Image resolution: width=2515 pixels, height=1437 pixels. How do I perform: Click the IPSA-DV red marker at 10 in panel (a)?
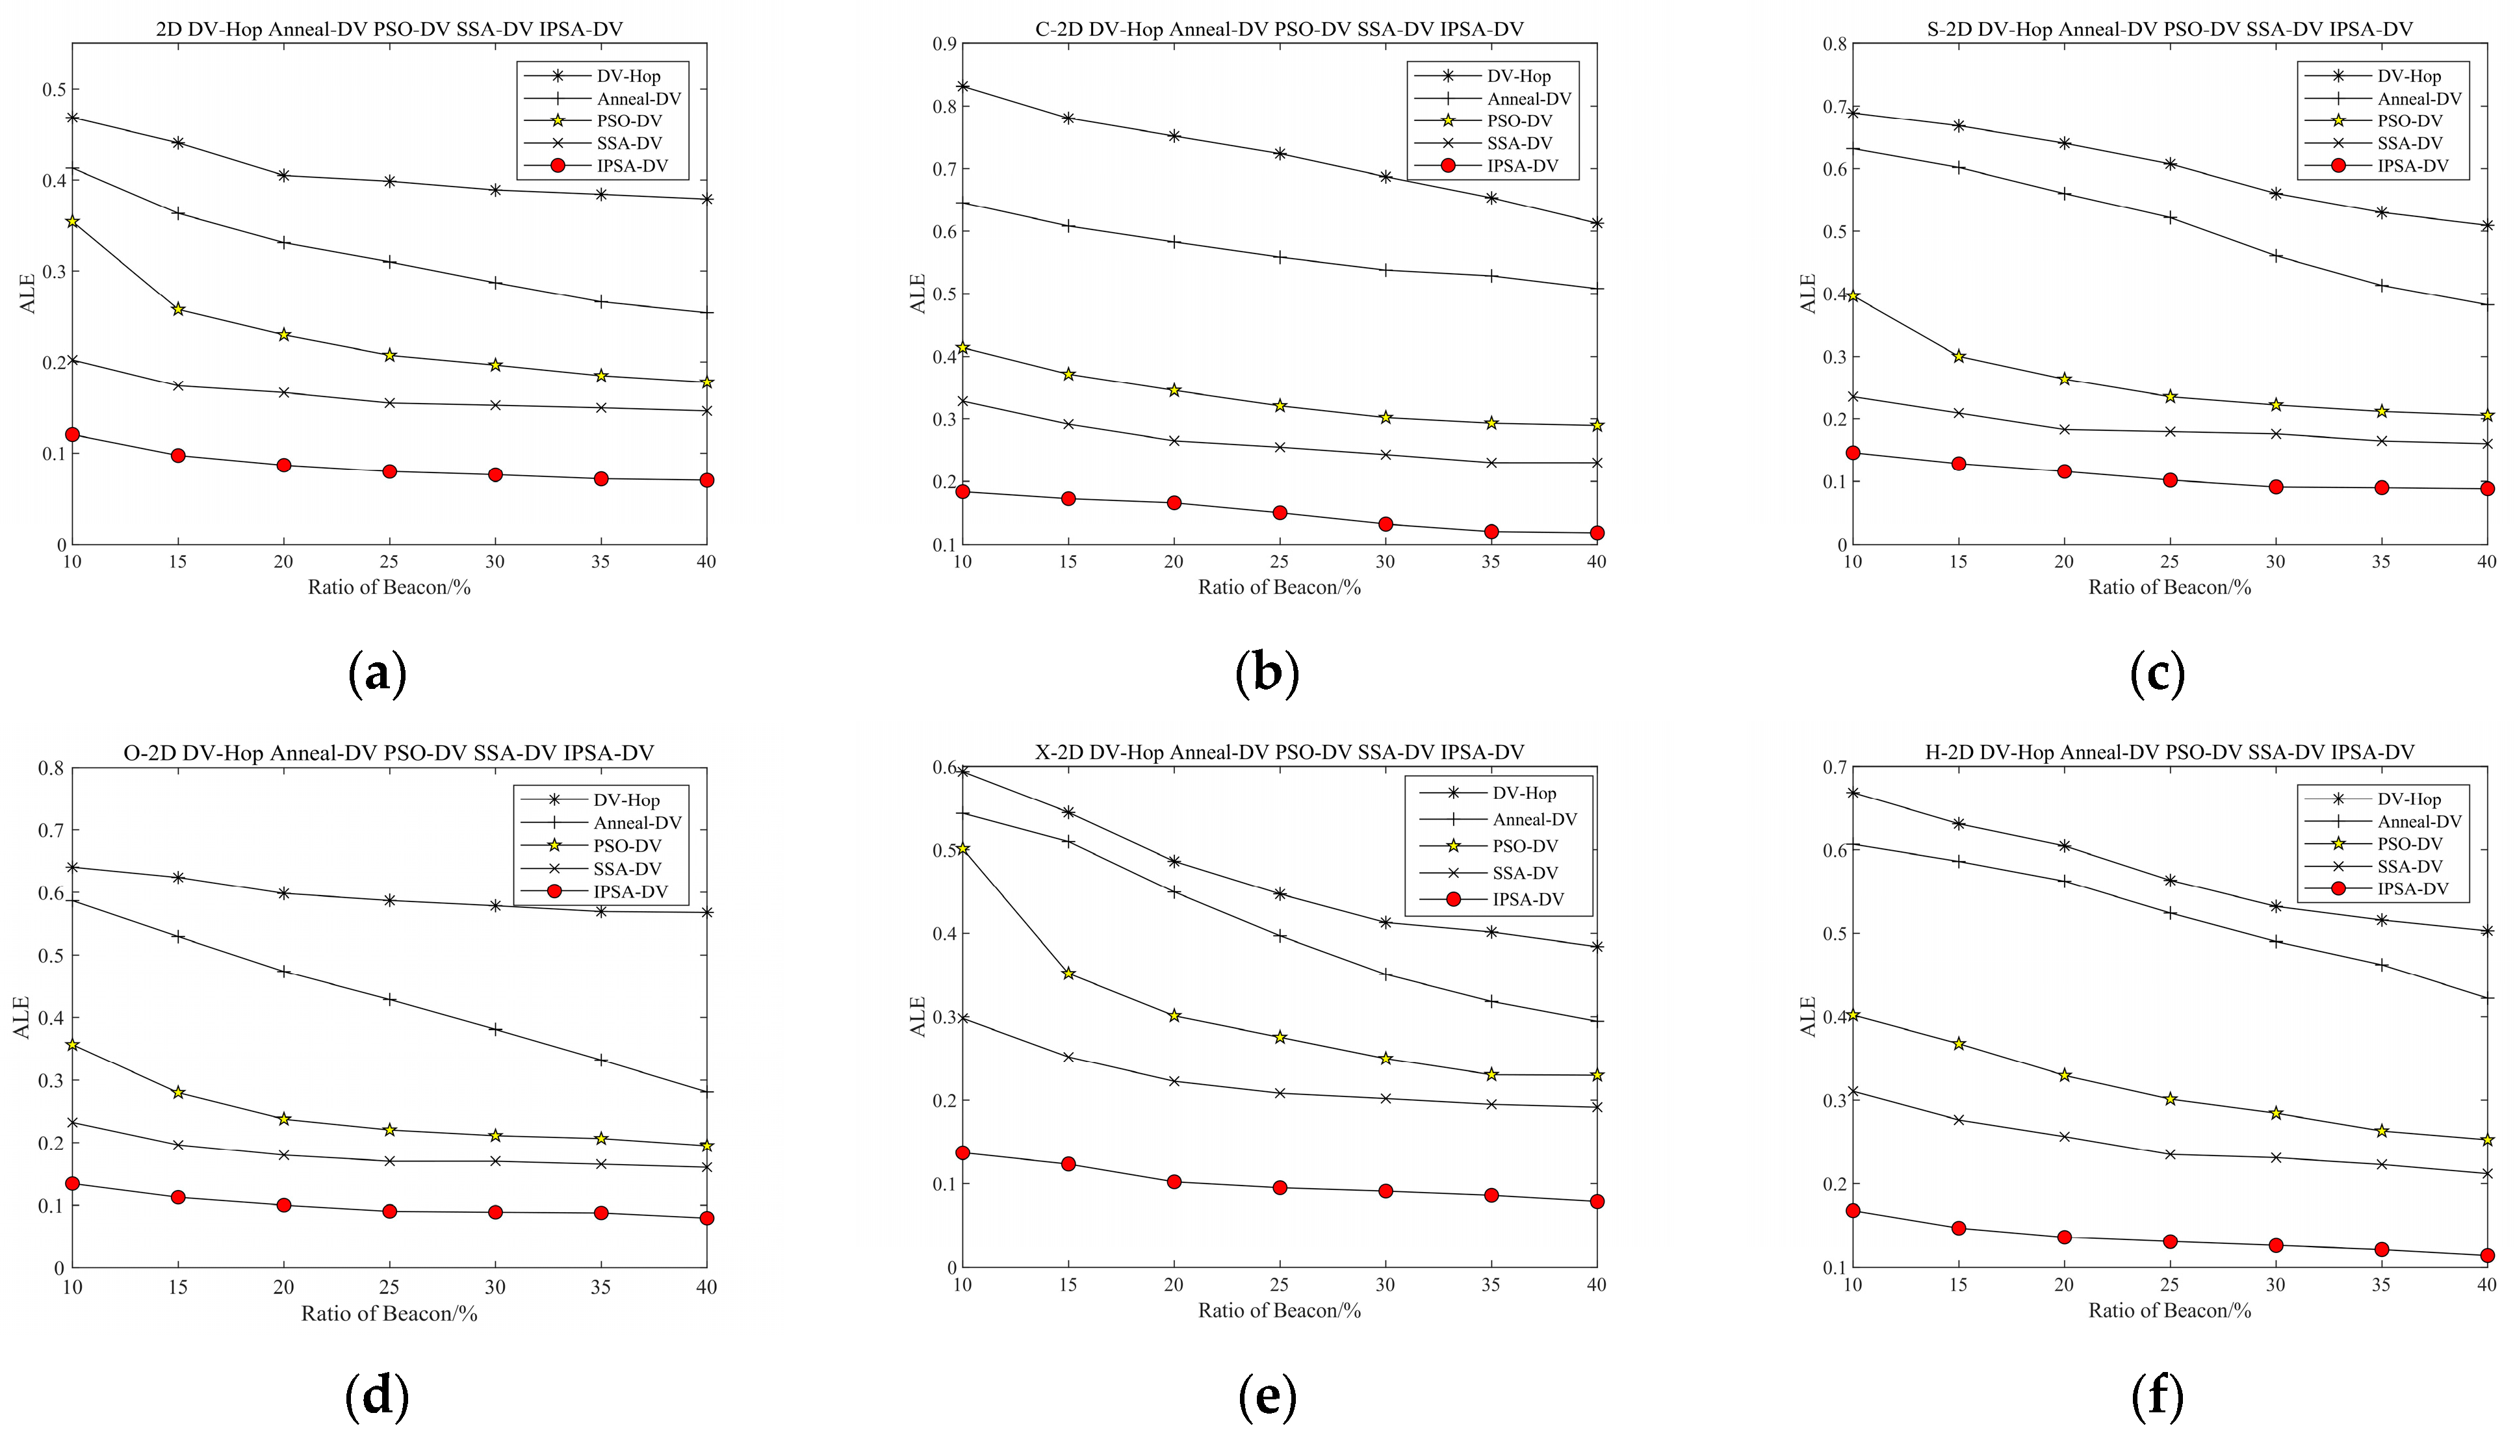click(x=72, y=434)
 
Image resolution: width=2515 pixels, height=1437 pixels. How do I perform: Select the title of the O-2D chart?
click(x=389, y=753)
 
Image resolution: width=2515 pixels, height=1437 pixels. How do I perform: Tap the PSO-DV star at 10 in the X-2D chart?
click(x=963, y=849)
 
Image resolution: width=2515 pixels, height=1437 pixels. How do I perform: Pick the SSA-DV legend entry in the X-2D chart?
click(x=1525, y=872)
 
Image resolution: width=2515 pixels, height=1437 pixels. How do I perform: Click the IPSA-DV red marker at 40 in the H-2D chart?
click(x=2487, y=1256)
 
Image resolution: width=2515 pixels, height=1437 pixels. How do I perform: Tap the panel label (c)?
click(x=2158, y=674)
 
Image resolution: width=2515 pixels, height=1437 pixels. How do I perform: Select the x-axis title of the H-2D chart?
click(x=2170, y=1311)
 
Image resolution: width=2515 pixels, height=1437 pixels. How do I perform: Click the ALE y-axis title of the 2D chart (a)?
click(x=28, y=293)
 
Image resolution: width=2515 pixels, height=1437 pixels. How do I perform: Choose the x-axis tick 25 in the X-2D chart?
click(x=1280, y=1285)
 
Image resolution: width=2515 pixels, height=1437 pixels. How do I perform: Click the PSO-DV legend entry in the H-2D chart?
click(x=2410, y=844)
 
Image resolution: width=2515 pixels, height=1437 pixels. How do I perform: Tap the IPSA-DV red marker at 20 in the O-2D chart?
click(x=284, y=1205)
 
